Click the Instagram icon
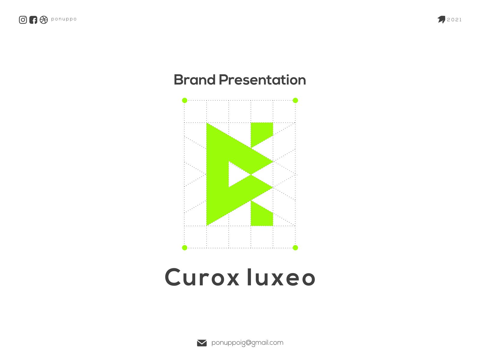23,20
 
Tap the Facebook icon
33,20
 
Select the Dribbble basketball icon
44,20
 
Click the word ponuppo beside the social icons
64,19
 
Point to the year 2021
454,20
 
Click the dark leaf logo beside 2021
441,19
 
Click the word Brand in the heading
195,80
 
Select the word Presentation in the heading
262,80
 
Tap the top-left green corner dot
185,100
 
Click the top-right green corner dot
295,100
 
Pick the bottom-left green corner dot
185,248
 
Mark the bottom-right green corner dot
295,248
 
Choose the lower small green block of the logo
260,216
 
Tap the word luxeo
281,277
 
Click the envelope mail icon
202,343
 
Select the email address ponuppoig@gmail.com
247,343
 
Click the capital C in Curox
173,277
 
